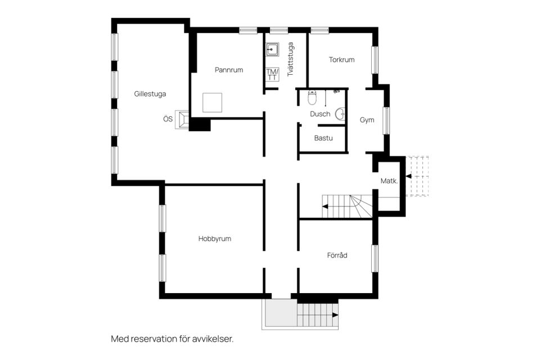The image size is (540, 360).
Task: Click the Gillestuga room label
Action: (150, 94)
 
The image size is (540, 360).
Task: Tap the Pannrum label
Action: (229, 70)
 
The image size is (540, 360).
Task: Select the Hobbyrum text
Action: (214, 238)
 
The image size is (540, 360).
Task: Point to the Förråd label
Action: (337, 255)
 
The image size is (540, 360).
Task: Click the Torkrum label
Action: (341, 60)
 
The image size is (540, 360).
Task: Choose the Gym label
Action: (367, 120)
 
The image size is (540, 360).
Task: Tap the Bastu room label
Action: (323, 137)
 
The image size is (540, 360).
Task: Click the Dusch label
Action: (320, 114)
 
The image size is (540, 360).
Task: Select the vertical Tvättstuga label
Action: (291, 60)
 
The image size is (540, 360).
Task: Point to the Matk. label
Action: (389, 181)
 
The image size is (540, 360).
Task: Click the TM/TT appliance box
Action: (272, 74)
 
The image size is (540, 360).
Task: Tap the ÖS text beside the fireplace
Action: (168, 119)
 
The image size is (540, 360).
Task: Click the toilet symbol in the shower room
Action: (313, 98)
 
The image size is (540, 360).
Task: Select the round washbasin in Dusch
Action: (340, 114)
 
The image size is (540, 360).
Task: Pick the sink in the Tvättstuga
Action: (272, 49)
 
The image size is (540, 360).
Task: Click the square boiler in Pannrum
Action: (213, 103)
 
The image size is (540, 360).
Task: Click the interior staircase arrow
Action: (325, 206)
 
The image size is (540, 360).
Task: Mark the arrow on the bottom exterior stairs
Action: (335, 316)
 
